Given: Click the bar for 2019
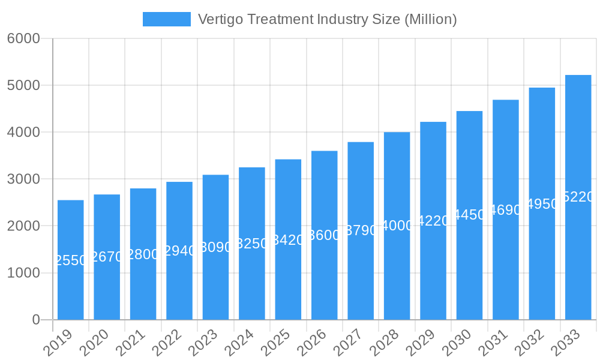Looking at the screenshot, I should (71, 260).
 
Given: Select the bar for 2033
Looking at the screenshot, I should (578, 197).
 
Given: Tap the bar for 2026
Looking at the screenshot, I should (325, 235).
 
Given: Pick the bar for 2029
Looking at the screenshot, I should (433, 221).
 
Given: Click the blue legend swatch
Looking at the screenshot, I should (166, 19).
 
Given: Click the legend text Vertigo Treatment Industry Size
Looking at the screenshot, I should (327, 19).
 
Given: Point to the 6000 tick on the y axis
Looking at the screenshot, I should (23, 38).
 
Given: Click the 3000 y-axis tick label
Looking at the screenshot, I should (23, 179).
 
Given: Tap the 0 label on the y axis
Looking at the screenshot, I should (36, 320).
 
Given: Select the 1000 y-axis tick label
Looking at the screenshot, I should (23, 273).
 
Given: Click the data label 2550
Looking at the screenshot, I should (71, 260).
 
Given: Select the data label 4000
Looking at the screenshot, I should (397, 226).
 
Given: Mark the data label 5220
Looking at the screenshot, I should (578, 197).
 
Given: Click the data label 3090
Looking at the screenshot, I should (215, 247).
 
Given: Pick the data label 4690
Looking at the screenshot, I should (506, 210).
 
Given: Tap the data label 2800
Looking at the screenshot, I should (143, 254).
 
